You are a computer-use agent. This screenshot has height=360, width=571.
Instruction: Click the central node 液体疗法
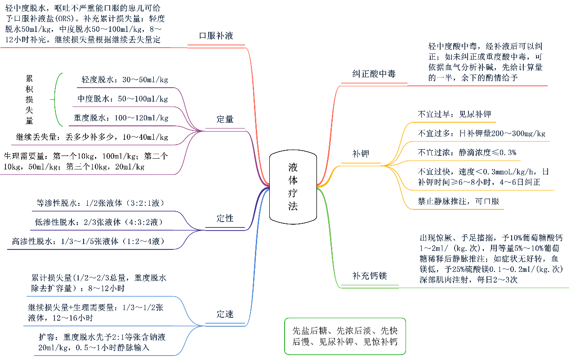[x=293, y=187]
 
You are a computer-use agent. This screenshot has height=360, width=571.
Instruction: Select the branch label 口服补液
[x=216, y=36]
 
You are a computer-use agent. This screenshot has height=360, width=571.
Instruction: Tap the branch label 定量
[x=225, y=120]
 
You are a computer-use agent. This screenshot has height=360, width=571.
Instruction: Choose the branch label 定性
[x=225, y=219]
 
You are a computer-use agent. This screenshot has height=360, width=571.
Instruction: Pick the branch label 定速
[x=225, y=314]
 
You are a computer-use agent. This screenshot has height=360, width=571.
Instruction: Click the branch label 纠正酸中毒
[x=374, y=74]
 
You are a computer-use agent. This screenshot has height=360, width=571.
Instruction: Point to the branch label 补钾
[x=361, y=154]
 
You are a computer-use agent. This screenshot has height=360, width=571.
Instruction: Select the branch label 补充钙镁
[x=370, y=276]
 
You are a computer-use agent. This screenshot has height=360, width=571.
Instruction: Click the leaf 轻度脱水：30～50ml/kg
[x=125, y=80]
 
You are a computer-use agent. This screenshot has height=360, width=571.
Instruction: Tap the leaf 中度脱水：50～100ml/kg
[x=123, y=99]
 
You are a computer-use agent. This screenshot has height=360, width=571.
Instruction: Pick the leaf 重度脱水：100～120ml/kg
[x=121, y=118]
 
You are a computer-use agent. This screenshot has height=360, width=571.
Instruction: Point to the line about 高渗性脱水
[x=89, y=241]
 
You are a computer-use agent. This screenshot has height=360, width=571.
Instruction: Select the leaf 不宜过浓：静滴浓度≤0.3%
[x=467, y=152]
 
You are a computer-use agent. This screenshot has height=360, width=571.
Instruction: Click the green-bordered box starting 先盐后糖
[x=345, y=336]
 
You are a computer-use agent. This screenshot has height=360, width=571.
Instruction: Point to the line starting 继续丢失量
[x=92, y=137]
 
